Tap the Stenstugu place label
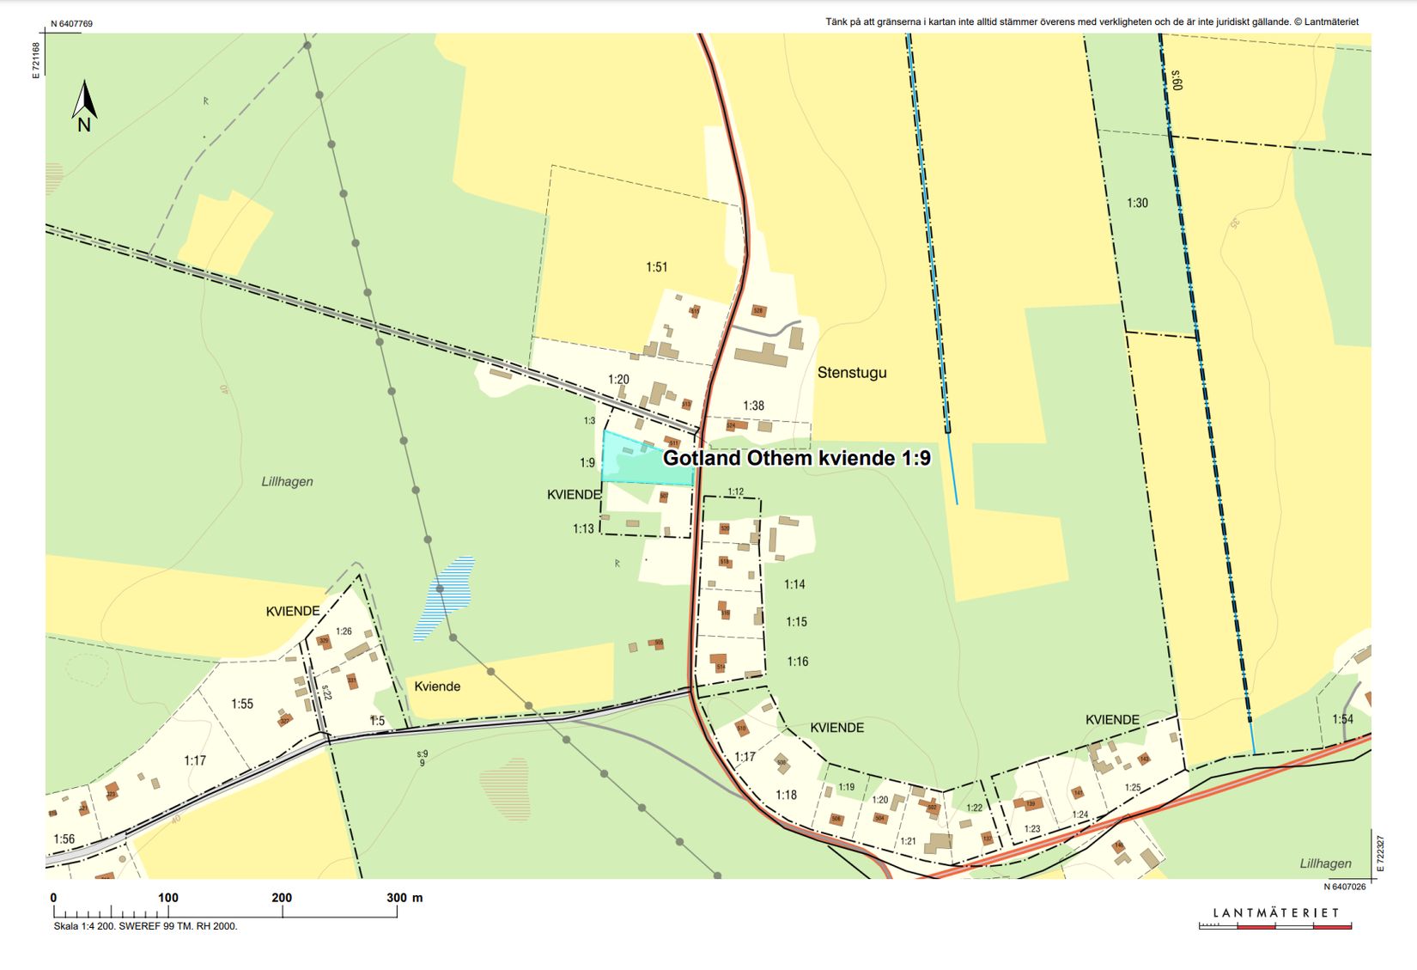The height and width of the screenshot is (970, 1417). [x=851, y=373]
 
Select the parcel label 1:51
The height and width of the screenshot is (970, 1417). [x=656, y=267]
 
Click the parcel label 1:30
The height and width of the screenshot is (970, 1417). [x=1137, y=204]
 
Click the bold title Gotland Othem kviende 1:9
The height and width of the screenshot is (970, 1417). [x=796, y=458]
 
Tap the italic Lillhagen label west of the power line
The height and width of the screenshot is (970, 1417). [x=287, y=482]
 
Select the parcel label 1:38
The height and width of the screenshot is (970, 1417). [x=753, y=406]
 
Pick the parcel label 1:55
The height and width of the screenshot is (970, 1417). [x=242, y=704]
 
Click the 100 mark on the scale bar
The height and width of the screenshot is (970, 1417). [x=167, y=898]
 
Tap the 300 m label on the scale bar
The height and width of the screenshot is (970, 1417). [x=404, y=898]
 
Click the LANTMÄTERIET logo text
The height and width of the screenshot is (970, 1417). [x=1275, y=912]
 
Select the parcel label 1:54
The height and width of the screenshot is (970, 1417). [x=1342, y=719]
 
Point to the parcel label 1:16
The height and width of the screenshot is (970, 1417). [x=797, y=662]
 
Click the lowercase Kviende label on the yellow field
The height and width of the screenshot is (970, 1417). [x=437, y=686]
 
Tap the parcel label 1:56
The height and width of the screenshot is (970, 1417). [x=64, y=839]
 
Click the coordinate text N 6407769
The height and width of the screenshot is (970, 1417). [x=71, y=24]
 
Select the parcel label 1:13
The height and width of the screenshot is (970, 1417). [x=583, y=529]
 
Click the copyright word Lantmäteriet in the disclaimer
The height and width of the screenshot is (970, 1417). [x=1330, y=22]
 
